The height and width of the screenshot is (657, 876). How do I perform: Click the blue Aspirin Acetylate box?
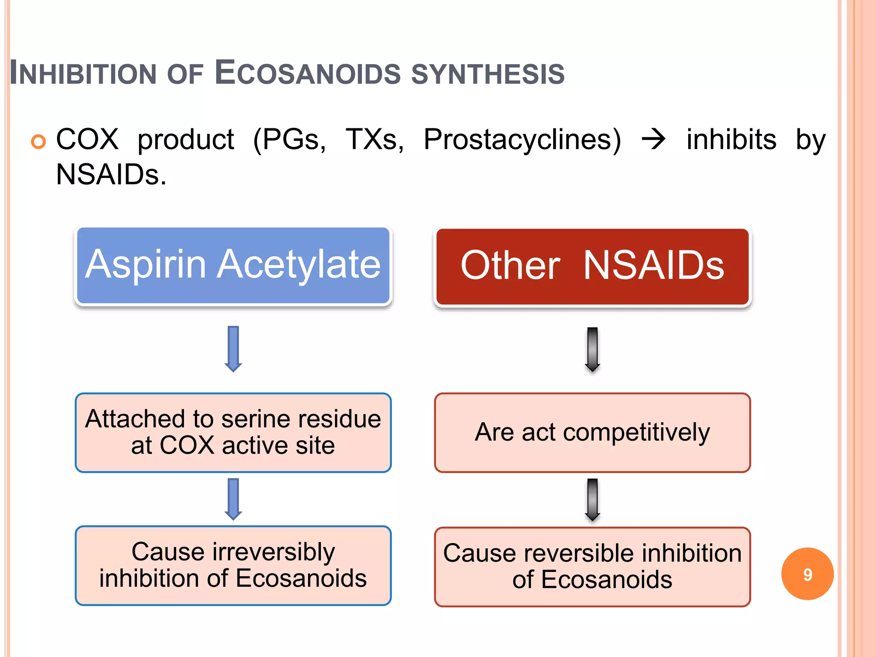point(233,266)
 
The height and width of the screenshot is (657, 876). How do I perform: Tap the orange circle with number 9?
point(807,574)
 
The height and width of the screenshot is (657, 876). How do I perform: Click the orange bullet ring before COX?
point(38,142)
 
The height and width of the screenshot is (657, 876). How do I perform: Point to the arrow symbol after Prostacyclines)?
point(654,140)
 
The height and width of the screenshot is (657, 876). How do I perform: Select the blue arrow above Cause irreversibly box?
point(233,499)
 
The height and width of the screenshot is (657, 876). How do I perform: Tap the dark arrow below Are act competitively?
point(592,500)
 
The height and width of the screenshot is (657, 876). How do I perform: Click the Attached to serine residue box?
point(233,432)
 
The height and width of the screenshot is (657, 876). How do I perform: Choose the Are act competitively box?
point(592,432)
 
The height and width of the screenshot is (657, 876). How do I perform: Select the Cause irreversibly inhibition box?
point(233,565)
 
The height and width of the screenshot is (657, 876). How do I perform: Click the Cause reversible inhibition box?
point(592,567)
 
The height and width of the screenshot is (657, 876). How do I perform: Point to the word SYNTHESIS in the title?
point(488,74)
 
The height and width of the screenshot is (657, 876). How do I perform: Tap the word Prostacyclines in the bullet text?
point(522,140)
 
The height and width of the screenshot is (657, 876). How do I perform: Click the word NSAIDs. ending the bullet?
point(111,175)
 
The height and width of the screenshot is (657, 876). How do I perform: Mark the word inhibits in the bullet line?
point(731,140)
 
